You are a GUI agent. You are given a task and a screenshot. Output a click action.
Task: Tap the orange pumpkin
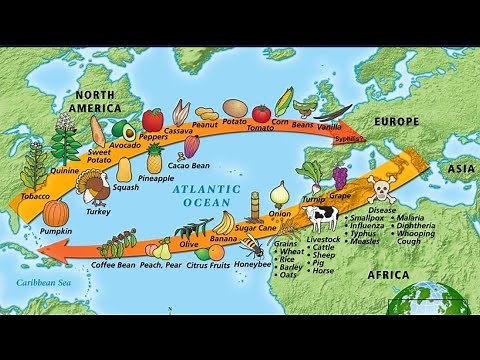click(x=55, y=214)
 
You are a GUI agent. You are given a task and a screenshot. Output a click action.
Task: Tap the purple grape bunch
click(x=340, y=178)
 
